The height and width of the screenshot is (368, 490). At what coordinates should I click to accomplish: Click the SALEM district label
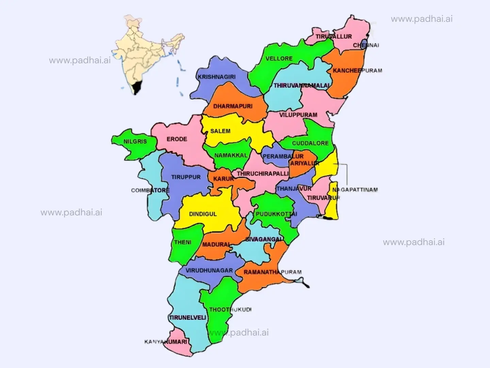(220, 131)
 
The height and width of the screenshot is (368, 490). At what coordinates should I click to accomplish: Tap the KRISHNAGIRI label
(217, 77)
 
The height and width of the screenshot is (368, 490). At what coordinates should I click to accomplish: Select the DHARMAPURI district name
(233, 106)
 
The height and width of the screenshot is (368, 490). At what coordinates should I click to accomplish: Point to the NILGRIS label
(135, 141)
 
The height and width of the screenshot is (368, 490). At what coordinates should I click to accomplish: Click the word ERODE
(177, 139)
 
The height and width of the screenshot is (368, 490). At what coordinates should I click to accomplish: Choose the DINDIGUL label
(203, 214)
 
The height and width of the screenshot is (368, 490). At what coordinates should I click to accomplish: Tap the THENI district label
(183, 242)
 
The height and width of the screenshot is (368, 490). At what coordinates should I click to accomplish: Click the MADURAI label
(216, 245)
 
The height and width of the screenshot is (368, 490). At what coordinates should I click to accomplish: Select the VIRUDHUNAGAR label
(209, 271)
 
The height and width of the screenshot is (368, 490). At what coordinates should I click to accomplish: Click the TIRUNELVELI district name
(187, 318)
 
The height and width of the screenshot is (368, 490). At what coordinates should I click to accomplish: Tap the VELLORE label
(279, 59)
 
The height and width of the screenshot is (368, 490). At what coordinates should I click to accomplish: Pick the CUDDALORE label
(310, 143)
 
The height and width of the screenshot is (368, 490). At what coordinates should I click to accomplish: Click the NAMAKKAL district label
(231, 155)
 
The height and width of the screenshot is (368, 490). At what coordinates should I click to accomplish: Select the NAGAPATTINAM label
(355, 190)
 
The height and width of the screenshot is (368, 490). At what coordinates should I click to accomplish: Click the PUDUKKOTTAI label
(276, 214)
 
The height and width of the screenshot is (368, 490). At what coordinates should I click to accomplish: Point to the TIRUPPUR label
(186, 177)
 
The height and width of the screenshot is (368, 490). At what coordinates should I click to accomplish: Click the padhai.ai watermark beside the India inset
(80, 61)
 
